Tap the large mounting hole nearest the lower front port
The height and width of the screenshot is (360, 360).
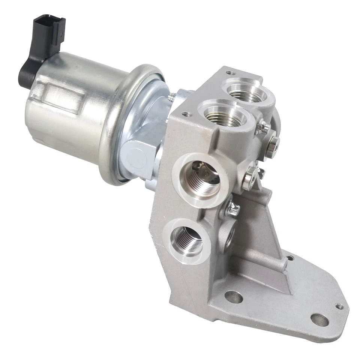(233, 297)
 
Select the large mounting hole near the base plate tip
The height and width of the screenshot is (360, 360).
(319, 319)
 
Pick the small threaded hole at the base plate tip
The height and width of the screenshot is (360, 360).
(339, 306)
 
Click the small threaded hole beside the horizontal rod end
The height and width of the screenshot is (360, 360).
(289, 258)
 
